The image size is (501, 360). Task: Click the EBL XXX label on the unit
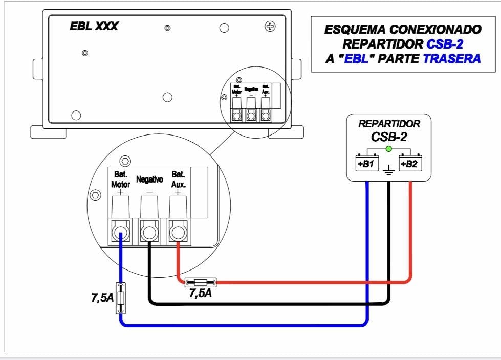[x=94, y=26]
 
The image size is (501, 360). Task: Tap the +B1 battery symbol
[x=365, y=164]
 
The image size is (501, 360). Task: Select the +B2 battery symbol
[x=410, y=164]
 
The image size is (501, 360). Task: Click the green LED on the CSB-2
[x=388, y=149]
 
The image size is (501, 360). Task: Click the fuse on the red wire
[x=200, y=282]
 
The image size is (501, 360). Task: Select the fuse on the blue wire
[x=121, y=298]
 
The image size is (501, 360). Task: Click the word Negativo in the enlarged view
[x=149, y=179]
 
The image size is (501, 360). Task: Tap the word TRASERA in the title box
[x=452, y=59]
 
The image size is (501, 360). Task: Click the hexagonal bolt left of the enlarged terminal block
[x=95, y=195]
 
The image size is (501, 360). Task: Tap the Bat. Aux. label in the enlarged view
[x=178, y=178]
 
